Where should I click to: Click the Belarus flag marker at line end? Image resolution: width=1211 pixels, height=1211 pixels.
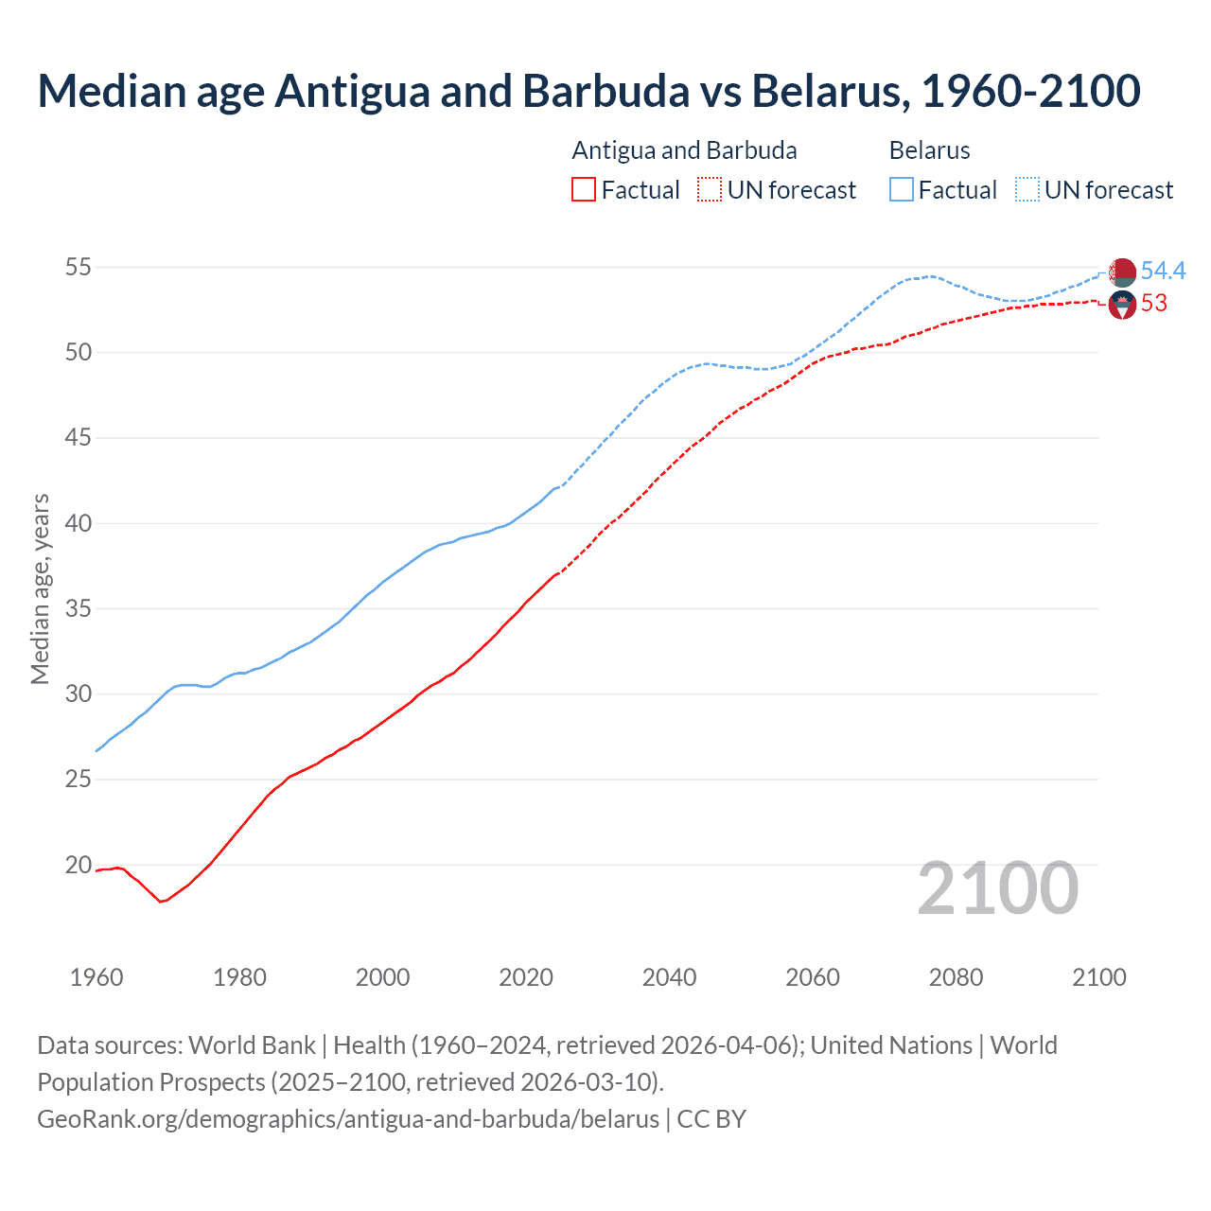[x=1122, y=272]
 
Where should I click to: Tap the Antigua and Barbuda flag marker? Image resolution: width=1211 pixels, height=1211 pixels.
[x=1122, y=305]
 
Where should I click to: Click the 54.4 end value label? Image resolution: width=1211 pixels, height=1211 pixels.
[x=1163, y=272]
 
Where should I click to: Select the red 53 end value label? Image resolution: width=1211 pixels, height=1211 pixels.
[x=1153, y=304]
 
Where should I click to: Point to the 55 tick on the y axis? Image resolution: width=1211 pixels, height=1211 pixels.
[x=78, y=268]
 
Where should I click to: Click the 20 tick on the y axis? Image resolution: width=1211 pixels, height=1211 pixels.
[x=78, y=865]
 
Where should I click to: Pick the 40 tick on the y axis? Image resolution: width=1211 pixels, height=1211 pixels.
[x=78, y=523]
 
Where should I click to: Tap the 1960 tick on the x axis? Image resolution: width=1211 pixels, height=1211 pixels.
[x=97, y=977]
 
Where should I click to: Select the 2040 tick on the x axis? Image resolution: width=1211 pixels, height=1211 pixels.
[x=669, y=977]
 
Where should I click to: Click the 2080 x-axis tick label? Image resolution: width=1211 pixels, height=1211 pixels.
[x=956, y=977]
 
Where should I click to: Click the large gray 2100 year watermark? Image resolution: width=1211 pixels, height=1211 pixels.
[x=997, y=888]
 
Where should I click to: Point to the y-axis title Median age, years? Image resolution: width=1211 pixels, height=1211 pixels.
[x=40, y=588]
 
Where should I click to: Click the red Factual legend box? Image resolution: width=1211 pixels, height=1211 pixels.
[x=584, y=190]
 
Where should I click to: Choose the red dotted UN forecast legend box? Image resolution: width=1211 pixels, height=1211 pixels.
[x=710, y=190]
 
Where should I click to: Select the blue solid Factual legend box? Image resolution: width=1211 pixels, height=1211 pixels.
[x=902, y=190]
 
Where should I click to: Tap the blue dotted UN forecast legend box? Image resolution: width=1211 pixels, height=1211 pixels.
[x=1027, y=190]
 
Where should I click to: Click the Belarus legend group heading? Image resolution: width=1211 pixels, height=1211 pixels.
[x=929, y=150]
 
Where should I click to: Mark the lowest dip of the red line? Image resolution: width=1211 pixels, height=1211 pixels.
[x=161, y=902]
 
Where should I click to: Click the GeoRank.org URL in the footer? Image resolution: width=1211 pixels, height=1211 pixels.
[x=348, y=1119]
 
